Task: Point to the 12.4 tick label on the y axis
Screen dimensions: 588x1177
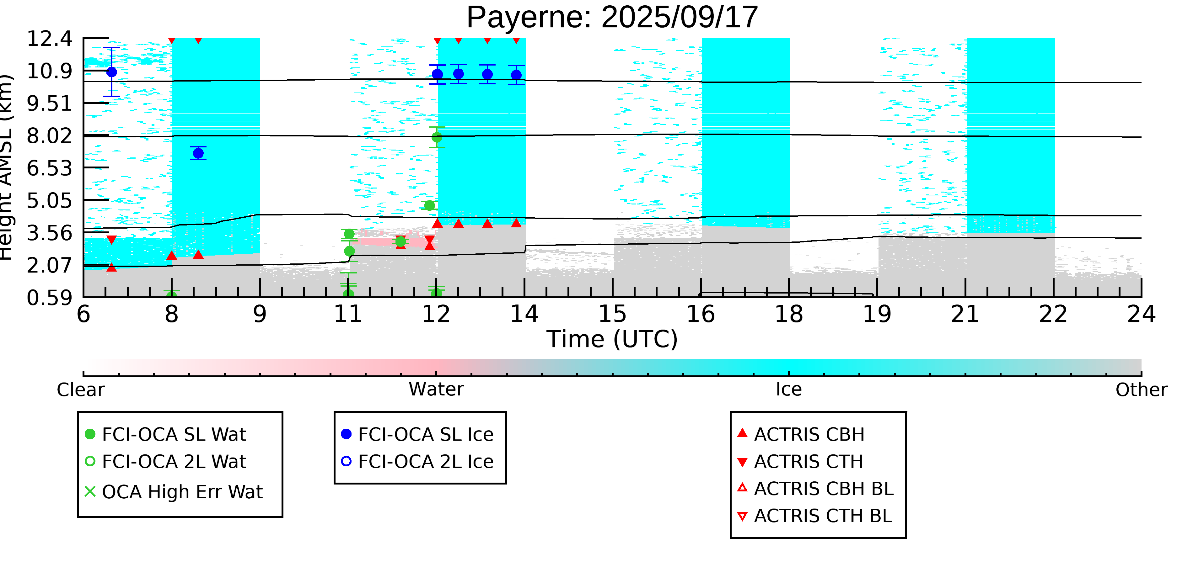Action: [x=49, y=39]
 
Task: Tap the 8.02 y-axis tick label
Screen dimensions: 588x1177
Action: [x=49, y=136]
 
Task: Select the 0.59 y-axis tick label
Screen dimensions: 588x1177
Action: [x=49, y=298]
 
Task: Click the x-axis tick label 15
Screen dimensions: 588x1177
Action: [x=612, y=315]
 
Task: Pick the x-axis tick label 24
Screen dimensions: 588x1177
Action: [x=1141, y=315]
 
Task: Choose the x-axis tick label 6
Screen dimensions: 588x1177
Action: [x=83, y=315]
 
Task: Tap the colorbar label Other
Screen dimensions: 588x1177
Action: [x=1141, y=390]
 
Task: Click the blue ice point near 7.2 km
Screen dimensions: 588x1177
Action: [x=198, y=153]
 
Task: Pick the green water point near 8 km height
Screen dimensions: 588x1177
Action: [x=437, y=137]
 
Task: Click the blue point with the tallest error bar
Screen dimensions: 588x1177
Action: [x=111, y=72]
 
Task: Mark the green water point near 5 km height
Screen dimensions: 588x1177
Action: [x=429, y=205]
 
